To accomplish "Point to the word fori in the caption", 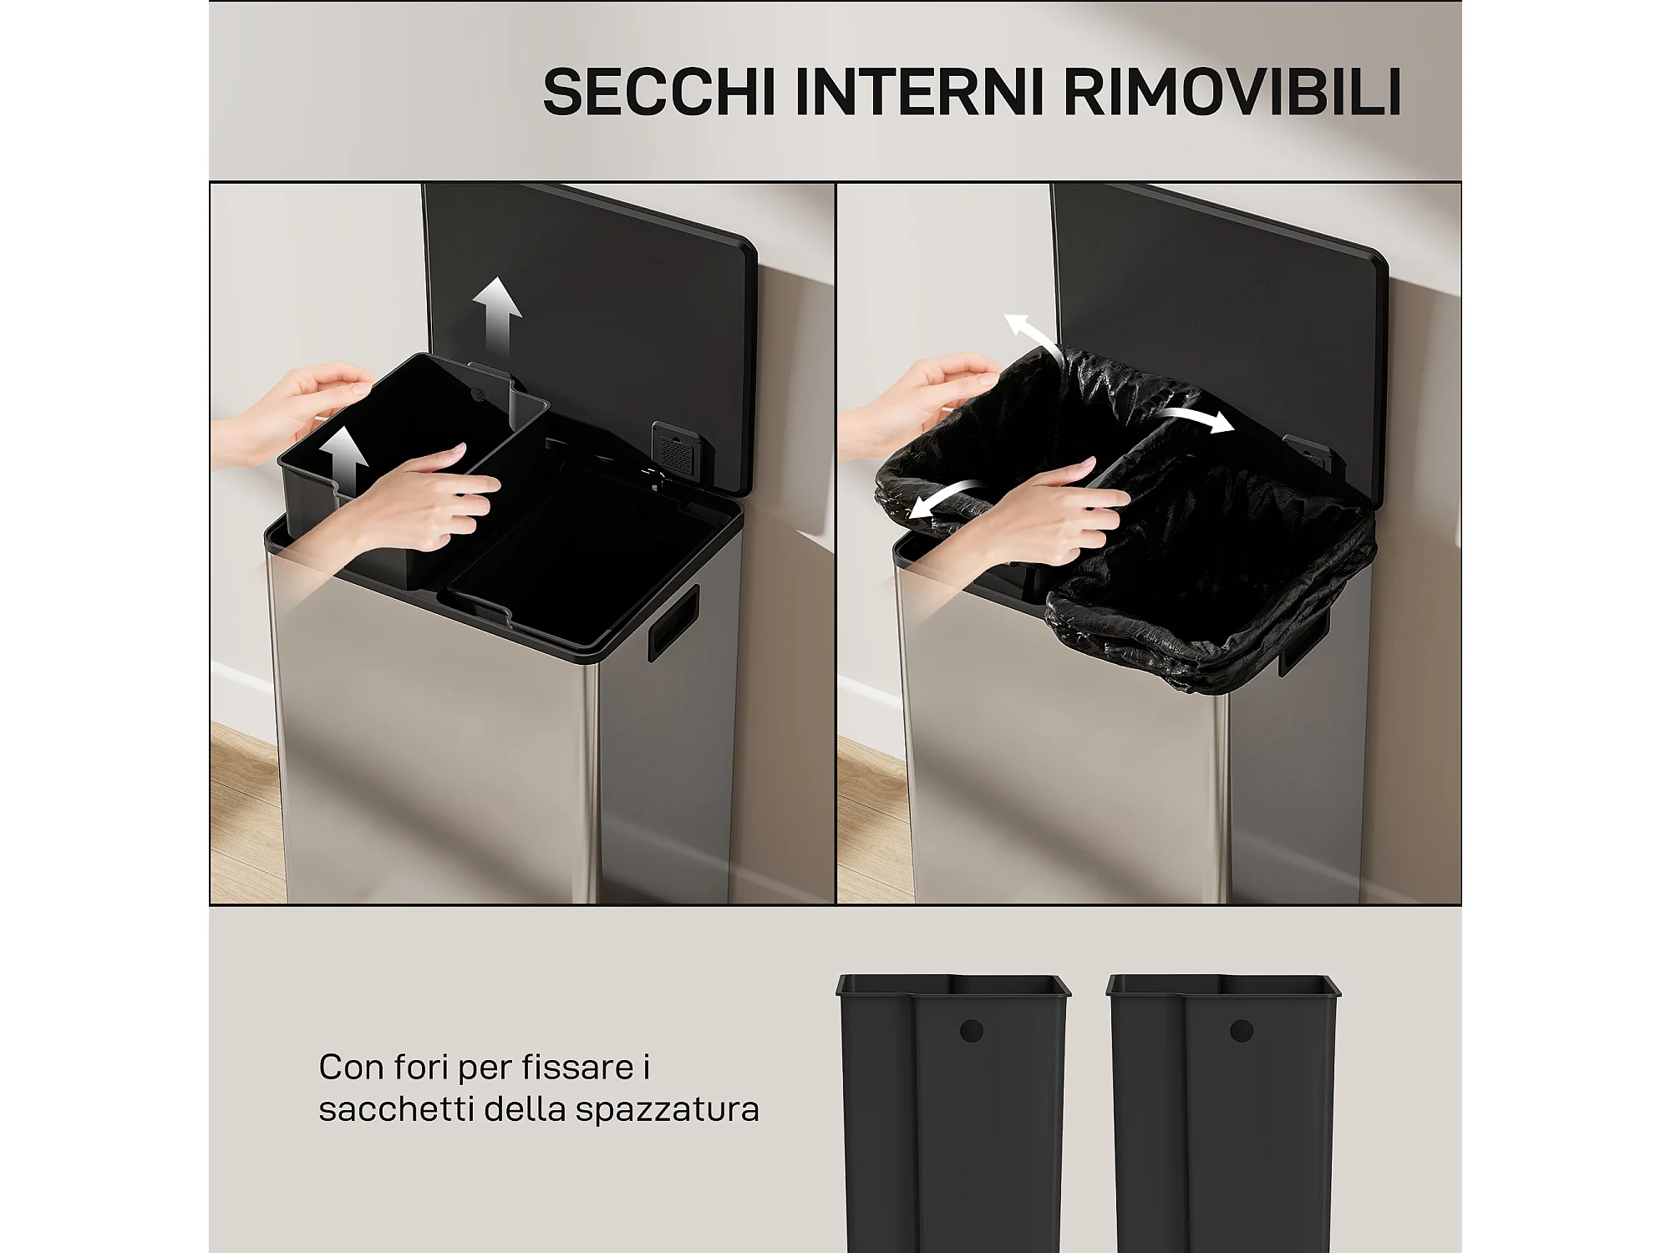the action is [421, 1067].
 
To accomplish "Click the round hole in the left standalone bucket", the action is [971, 1031].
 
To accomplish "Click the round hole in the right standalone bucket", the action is [1242, 1031].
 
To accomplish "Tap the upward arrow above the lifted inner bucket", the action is [497, 316].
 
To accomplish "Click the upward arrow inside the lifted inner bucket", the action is [343, 459].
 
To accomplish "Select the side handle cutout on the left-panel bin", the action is [673, 622].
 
